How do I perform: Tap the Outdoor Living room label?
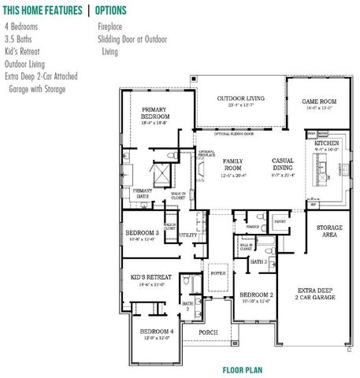click(241, 99)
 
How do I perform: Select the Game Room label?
click(319, 102)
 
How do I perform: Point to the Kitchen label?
click(327, 145)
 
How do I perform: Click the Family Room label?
click(232, 165)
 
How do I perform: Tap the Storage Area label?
click(329, 231)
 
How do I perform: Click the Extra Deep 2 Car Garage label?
click(317, 295)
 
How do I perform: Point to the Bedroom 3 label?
click(142, 234)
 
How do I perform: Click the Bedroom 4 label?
click(155, 333)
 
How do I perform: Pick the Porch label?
click(208, 333)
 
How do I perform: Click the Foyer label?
click(218, 273)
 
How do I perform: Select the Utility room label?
click(187, 235)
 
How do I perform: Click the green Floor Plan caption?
click(242, 369)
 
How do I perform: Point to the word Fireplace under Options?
click(113, 25)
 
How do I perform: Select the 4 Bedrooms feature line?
click(20, 25)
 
